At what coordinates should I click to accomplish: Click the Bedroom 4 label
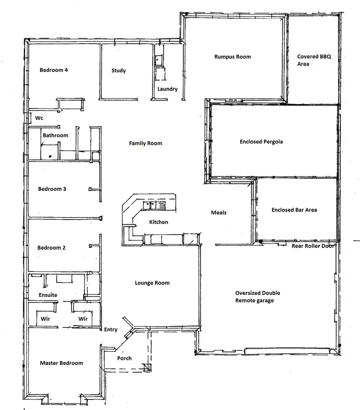(53, 70)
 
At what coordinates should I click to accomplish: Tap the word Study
(119, 70)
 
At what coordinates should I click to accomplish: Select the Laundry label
(168, 89)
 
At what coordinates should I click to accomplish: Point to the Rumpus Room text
(232, 57)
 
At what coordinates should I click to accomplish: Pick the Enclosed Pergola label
(261, 141)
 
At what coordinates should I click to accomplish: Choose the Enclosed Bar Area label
(294, 210)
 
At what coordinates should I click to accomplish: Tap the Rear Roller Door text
(313, 246)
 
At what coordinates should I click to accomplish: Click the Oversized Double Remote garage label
(257, 296)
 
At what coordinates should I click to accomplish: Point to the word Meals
(218, 212)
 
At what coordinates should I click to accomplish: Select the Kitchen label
(158, 222)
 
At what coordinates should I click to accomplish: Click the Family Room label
(145, 143)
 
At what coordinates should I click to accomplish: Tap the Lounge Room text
(152, 283)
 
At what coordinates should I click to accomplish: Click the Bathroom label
(55, 135)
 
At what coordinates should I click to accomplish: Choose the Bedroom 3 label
(52, 189)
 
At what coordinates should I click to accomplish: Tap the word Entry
(110, 329)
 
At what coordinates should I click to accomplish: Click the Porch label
(124, 358)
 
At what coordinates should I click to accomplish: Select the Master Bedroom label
(61, 363)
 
